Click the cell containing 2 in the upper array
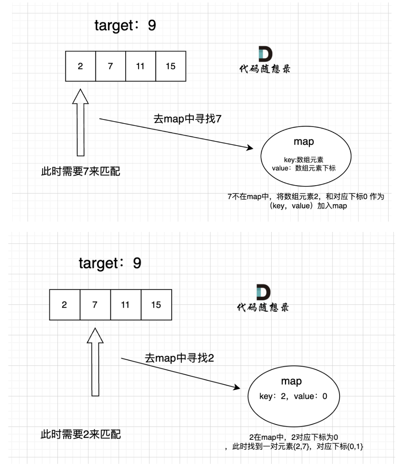coord(81,66)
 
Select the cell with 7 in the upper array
coord(110,66)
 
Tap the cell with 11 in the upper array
coord(140,66)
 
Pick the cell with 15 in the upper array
coord(170,66)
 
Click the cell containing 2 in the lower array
coord(65,305)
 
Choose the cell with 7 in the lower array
coord(95,305)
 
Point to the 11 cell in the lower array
coord(125,305)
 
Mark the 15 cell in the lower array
coord(156,305)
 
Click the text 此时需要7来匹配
coord(81,171)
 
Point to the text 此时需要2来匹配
coord(81,434)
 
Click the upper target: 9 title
coord(125,25)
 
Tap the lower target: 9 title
coord(110,263)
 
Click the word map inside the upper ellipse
coord(303,142)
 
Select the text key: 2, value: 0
coord(293,396)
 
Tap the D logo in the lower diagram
coord(263,292)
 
